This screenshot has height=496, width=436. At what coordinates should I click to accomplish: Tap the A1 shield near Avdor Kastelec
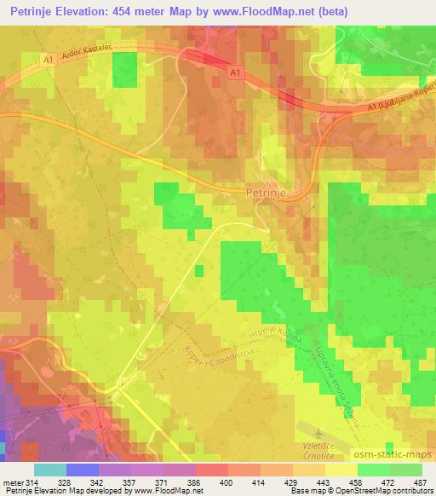point(49,58)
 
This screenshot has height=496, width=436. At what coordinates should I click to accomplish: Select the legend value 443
point(324,482)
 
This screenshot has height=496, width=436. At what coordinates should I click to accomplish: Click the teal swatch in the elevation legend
point(49,470)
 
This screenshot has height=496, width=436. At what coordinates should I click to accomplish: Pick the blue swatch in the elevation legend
point(82,470)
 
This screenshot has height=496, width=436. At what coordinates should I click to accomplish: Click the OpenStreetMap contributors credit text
point(388,492)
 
